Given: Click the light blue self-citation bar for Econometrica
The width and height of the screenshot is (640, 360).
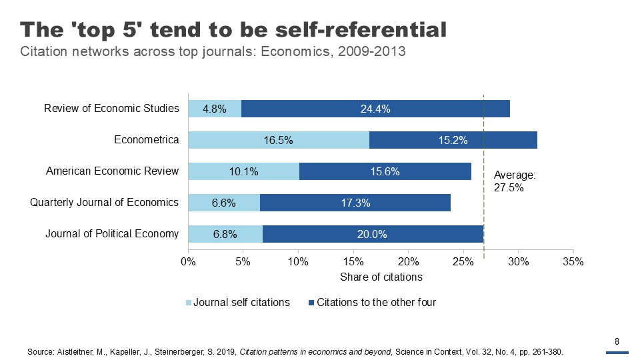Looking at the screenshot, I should coord(279,140).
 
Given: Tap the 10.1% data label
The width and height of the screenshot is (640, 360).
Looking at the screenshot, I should coord(243,171).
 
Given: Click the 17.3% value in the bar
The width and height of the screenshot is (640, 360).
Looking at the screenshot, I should coord(355,203).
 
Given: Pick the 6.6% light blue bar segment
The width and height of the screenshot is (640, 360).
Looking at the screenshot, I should coord(224,203).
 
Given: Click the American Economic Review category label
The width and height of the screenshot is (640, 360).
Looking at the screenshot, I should coord(112,171).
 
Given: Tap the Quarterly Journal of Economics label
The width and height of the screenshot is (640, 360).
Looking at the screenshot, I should coord(105,202).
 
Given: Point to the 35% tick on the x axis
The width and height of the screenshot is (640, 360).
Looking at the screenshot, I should coord(573,261).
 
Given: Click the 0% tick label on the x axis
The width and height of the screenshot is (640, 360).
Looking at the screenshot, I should coord(188,261).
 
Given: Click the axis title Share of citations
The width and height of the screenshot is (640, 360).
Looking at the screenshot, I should coord(381,277).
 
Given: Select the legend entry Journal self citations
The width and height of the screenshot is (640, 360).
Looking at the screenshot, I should coord(241,303).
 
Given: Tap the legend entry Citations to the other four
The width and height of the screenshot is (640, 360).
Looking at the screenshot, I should coord(376,303).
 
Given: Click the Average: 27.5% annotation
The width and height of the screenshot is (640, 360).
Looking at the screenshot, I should coord(514,181).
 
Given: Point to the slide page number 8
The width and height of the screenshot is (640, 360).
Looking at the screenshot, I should coord(617,342).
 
